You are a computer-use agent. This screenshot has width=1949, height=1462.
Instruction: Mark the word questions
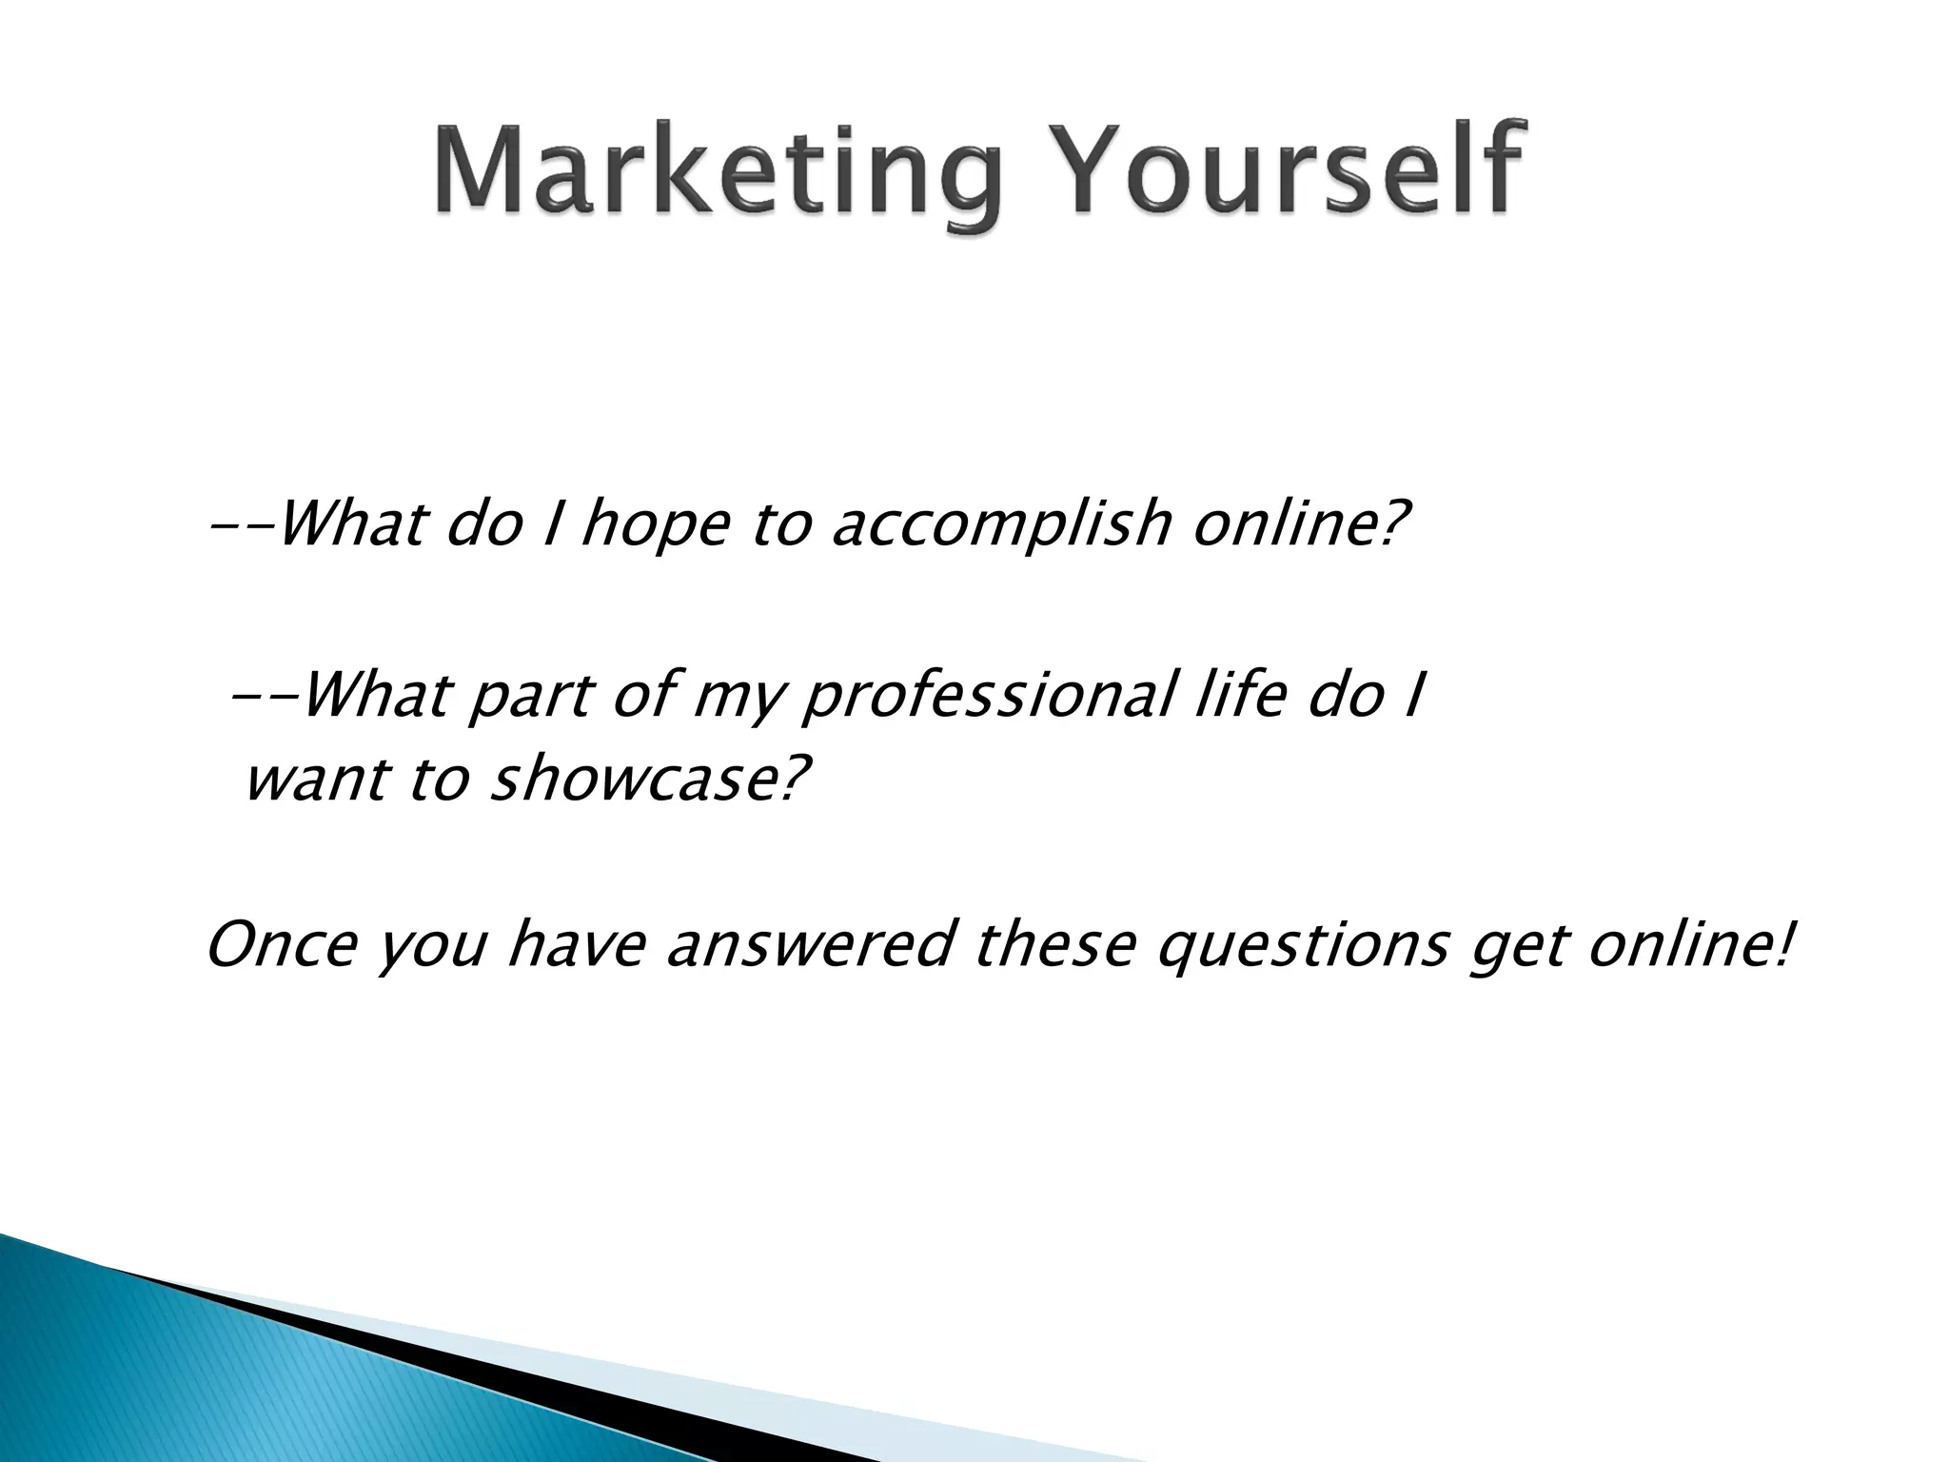click(x=1303, y=948)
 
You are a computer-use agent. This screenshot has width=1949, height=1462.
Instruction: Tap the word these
click(x=1055, y=946)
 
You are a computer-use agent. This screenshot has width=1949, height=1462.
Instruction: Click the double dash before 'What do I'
click(x=242, y=525)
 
